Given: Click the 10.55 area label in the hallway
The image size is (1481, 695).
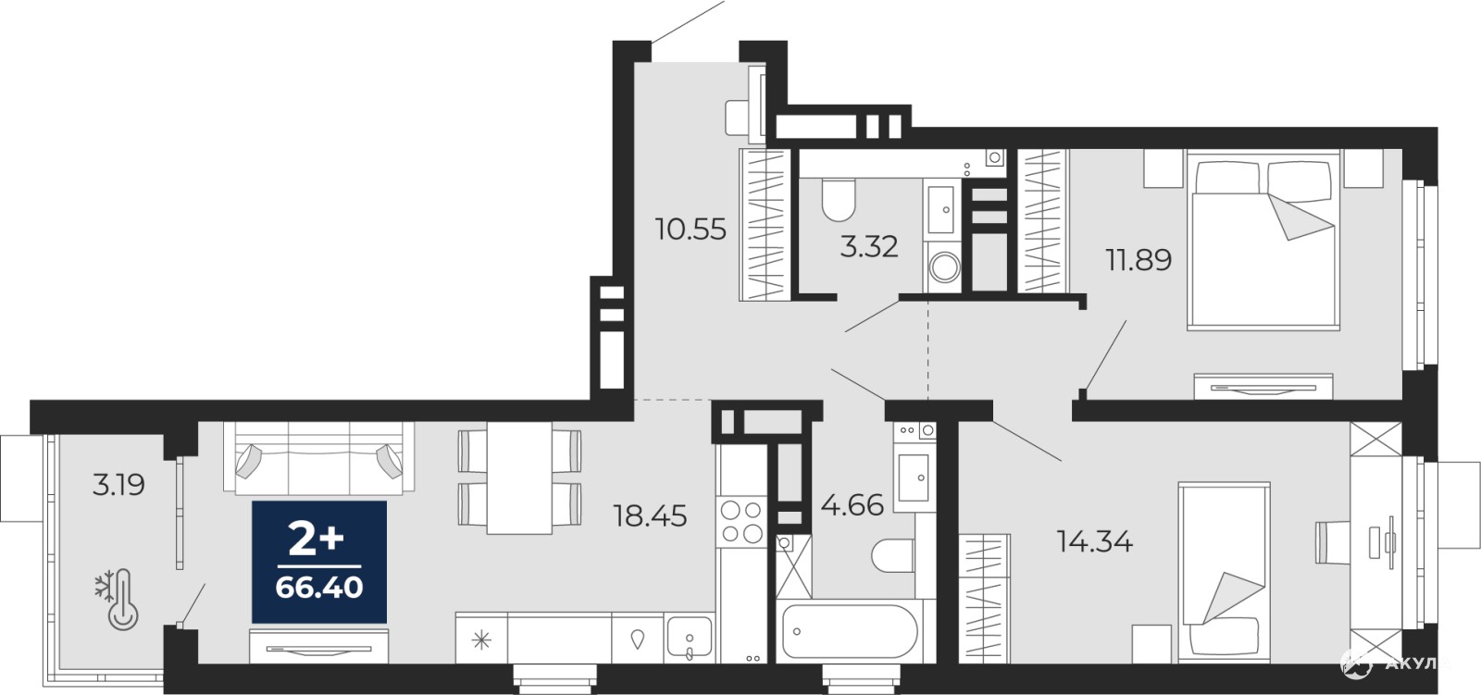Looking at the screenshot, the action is coord(691,230).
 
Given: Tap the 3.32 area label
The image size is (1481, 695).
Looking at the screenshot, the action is coord(869,247).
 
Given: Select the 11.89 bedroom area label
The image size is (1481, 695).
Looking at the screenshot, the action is coord(1139,260).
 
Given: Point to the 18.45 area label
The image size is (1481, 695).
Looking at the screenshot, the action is coord(651,515).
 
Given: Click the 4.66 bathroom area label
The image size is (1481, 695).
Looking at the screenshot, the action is coord(853,506).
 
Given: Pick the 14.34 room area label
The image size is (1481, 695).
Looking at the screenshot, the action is coord(1095,542).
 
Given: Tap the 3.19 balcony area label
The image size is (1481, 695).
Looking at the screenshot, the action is coord(118,485).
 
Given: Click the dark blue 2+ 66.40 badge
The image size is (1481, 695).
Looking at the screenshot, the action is coord(319,562).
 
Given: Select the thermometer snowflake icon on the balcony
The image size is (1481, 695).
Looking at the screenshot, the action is coord(117,600).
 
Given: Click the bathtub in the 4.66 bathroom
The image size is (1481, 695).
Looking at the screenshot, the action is coord(850,632).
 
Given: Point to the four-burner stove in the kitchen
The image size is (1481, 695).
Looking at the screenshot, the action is coord(741,522).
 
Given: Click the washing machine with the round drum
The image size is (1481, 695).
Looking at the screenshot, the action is coord(944,267).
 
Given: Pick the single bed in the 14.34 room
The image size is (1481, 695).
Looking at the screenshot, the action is coord(1225,573).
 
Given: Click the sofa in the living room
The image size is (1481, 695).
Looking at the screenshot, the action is coord(319,458).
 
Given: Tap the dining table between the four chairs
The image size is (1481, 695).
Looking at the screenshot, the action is coord(519,478).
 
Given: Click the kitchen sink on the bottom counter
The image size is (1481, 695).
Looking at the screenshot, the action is coord(690,639).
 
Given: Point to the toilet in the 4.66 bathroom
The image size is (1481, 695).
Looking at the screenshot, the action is coord(893,556).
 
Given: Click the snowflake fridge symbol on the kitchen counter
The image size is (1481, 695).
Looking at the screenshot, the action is coord(481,639).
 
